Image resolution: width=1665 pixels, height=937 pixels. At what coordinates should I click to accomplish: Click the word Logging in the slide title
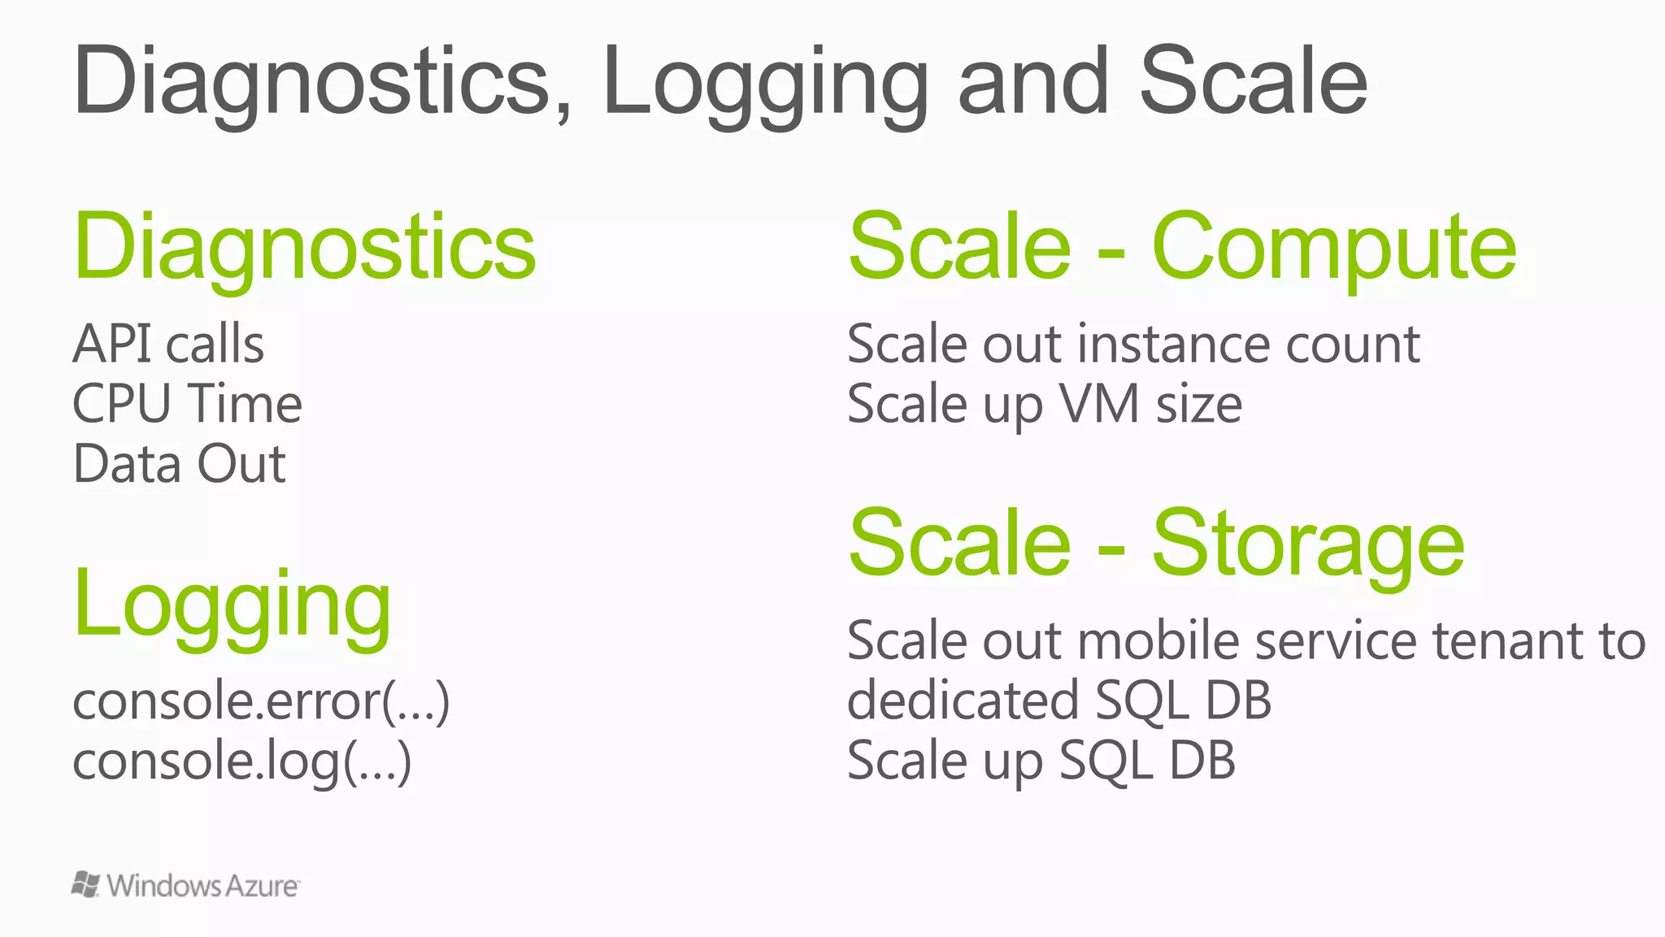(x=764, y=83)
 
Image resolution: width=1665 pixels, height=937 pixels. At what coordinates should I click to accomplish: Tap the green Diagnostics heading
(x=305, y=247)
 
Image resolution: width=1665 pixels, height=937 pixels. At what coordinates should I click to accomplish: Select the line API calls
(x=168, y=344)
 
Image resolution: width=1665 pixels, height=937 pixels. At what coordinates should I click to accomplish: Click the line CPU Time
(x=187, y=404)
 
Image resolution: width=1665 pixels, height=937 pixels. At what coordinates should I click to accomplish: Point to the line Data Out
(x=179, y=464)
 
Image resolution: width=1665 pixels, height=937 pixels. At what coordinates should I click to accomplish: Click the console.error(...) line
(x=260, y=701)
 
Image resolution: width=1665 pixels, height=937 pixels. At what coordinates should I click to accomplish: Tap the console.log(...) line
(x=241, y=761)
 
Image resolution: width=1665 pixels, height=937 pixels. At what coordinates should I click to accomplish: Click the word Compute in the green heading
(x=1333, y=247)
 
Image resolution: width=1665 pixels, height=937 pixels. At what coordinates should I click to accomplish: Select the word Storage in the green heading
(x=1307, y=543)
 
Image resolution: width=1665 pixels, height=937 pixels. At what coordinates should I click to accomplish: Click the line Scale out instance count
(x=1133, y=344)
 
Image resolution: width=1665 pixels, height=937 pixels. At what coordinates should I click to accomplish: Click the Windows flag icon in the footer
(x=85, y=884)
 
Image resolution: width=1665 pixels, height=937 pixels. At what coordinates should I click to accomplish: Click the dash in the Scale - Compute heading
(x=1111, y=254)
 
